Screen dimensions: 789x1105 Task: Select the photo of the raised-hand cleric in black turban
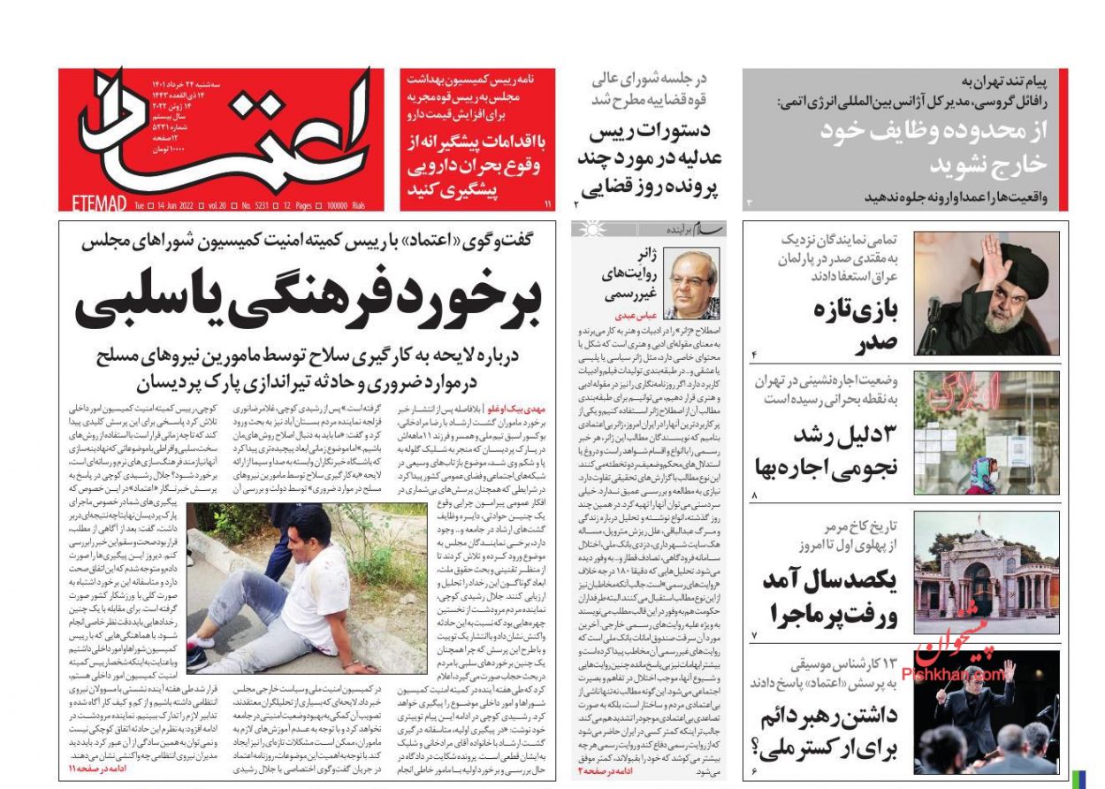(987, 293)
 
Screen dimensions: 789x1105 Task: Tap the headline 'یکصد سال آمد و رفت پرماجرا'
(830, 597)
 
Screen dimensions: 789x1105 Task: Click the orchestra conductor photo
(987, 712)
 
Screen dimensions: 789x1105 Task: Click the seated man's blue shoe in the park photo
(197, 659)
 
